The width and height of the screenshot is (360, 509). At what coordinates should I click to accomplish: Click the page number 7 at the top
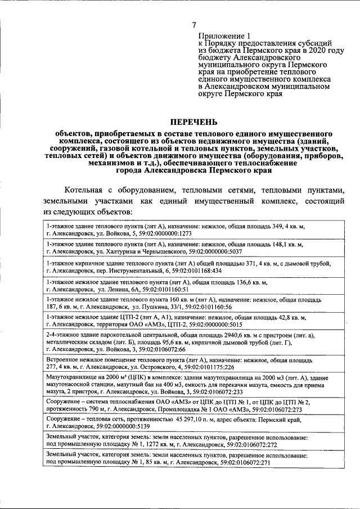coord(194,25)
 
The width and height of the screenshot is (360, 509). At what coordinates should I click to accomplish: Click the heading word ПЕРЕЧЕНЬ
coord(193,122)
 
